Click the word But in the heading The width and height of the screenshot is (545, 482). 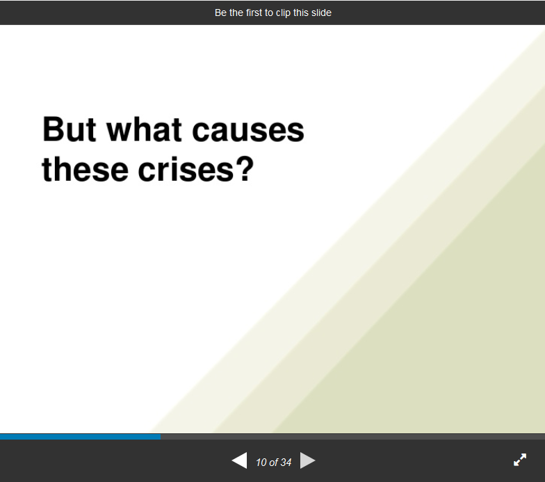[70, 129]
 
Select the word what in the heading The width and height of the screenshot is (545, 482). [145, 129]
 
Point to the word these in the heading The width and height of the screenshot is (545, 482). [85, 170]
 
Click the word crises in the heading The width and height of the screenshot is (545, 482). [186, 170]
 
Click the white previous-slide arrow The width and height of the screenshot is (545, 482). [239, 460]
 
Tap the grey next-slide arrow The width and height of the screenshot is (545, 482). [307, 460]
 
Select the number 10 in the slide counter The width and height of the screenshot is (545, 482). [261, 462]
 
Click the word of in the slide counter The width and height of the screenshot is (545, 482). [273, 462]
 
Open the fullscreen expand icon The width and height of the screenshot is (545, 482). [520, 460]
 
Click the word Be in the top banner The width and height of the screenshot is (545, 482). [221, 13]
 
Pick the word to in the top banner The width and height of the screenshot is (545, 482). [269, 13]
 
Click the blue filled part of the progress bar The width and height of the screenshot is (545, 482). [81, 437]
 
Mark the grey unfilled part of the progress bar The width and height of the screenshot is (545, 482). [353, 437]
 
